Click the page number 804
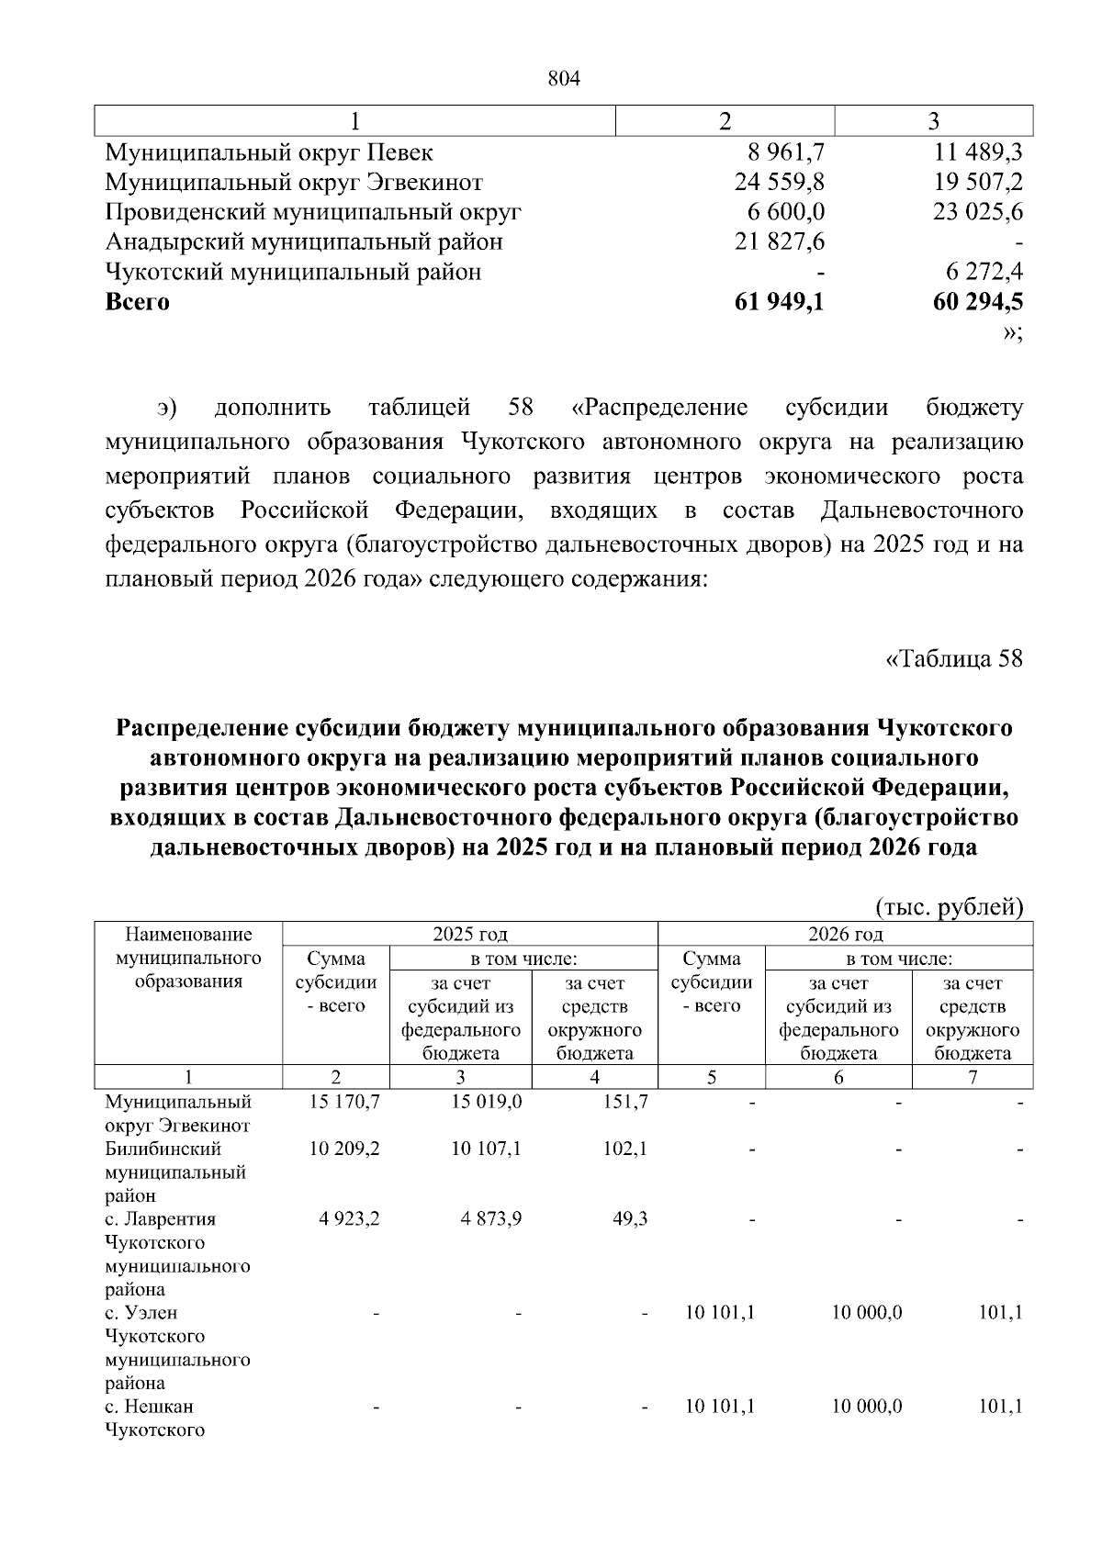click(564, 80)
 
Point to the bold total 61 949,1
click(779, 302)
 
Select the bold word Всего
click(138, 302)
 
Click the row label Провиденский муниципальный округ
click(313, 212)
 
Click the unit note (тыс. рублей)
click(949, 908)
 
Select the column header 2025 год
click(470, 935)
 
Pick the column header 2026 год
click(845, 935)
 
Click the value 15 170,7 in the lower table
click(344, 1101)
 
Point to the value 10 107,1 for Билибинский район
click(487, 1149)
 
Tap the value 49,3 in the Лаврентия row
click(629, 1219)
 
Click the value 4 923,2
click(350, 1219)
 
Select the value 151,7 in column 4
click(625, 1101)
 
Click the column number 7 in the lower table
click(973, 1077)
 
